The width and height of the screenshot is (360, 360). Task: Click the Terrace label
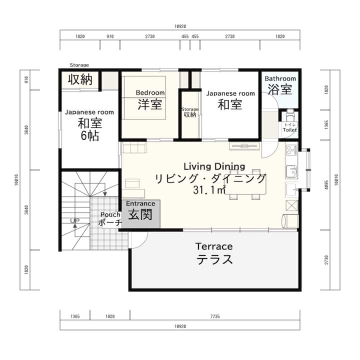(214, 246)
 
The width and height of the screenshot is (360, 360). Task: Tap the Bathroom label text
(280, 78)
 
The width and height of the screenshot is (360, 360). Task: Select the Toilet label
(289, 130)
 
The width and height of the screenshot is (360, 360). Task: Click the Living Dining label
(214, 166)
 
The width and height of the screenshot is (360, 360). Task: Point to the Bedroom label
(150, 93)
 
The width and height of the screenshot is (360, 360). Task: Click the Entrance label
(140, 203)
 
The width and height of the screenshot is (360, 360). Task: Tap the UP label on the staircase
(74, 221)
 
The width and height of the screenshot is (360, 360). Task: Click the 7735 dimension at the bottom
(215, 316)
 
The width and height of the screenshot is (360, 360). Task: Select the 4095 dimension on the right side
(326, 185)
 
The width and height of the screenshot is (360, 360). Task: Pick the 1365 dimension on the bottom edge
(75, 316)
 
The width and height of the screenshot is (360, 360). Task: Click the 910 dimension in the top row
(110, 36)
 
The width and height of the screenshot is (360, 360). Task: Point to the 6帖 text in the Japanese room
(90, 135)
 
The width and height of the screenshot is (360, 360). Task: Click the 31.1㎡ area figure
(209, 190)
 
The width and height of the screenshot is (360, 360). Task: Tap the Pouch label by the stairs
(110, 214)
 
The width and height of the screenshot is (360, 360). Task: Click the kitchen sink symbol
(291, 171)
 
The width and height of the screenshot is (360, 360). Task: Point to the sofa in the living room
(133, 148)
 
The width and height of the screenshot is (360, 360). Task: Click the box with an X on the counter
(291, 205)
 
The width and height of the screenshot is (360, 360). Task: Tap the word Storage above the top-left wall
(79, 65)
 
